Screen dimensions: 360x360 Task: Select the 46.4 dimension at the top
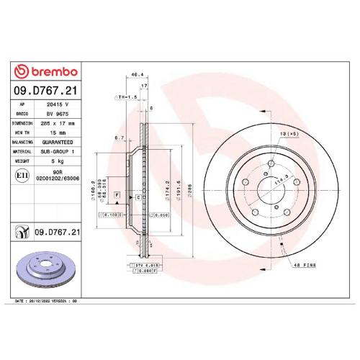coord(134,74)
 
